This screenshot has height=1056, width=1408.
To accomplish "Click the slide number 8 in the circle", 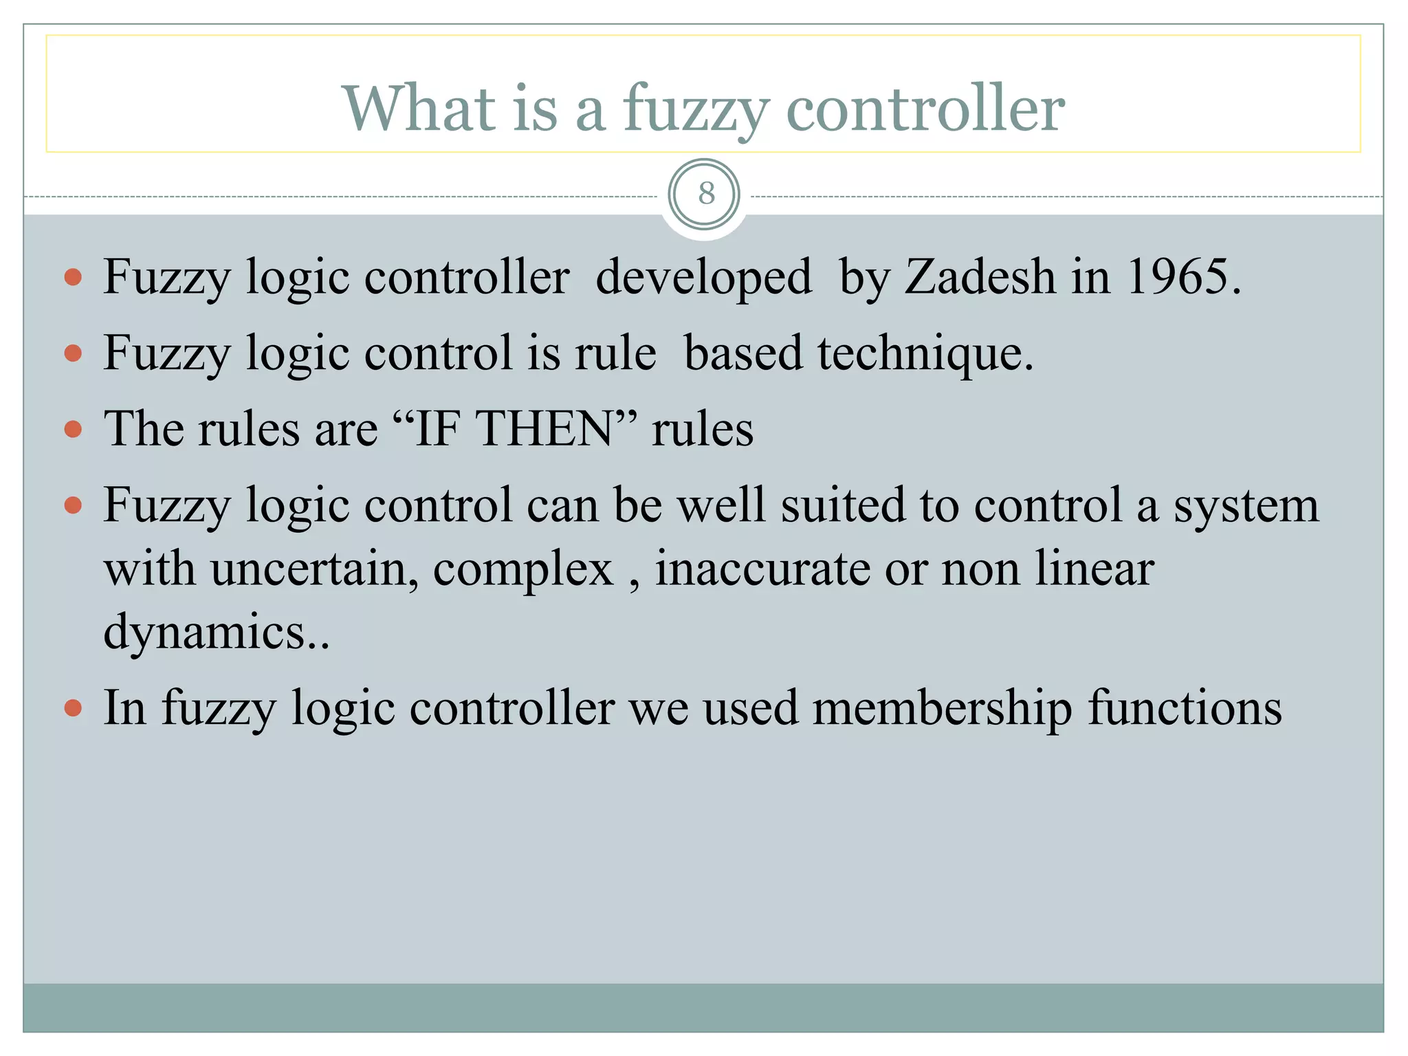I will click(705, 194).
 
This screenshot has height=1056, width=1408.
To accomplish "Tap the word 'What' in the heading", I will click(419, 108).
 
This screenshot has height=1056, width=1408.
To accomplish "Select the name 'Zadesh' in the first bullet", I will click(980, 277).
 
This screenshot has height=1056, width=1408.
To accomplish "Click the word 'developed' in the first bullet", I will click(703, 278).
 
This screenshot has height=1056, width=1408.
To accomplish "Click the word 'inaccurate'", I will click(762, 569).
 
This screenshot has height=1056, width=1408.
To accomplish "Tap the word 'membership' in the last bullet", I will click(942, 708).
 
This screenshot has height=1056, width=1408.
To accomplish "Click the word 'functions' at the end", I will click(1185, 708).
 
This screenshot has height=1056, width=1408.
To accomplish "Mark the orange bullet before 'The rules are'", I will click(73, 430).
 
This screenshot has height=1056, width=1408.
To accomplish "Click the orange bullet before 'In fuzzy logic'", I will click(73, 708).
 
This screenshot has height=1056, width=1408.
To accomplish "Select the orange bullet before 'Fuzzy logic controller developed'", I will click(73, 278).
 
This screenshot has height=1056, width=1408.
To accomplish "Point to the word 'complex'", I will click(522, 571).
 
